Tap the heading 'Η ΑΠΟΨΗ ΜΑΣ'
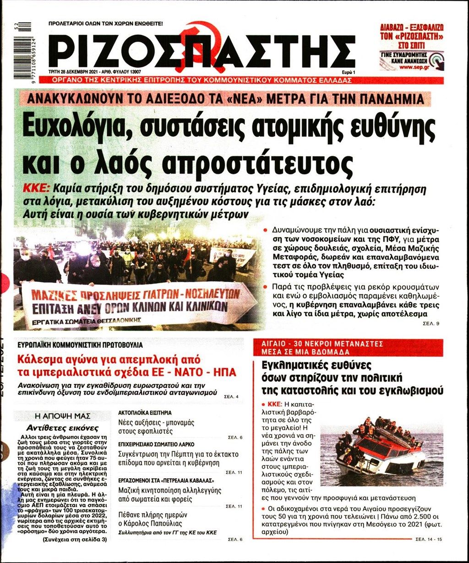(x=63, y=416)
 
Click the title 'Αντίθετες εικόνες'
(x=62, y=428)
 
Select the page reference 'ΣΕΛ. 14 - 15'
(x=429, y=540)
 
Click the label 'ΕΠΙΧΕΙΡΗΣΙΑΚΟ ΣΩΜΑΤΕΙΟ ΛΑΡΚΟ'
(x=156, y=444)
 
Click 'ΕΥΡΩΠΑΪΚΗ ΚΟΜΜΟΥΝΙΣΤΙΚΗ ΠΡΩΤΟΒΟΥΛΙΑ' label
(x=80, y=344)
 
